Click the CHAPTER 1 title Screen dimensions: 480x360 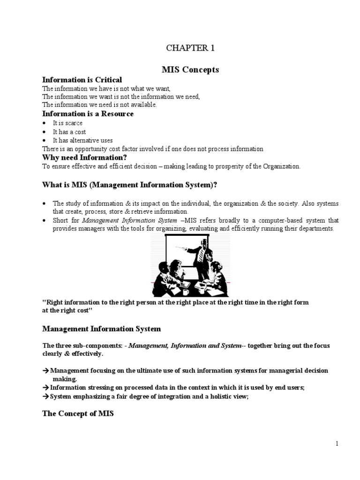tap(187, 48)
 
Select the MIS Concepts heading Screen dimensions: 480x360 tap(187, 70)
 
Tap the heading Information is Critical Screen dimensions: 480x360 tap(82, 80)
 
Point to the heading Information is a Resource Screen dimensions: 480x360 tap(88, 114)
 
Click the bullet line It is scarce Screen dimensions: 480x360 tap(67, 123)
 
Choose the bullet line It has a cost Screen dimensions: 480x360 tap(69, 132)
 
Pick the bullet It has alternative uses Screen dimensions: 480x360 tap(82, 140)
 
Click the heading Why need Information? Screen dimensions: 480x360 tap(85, 157)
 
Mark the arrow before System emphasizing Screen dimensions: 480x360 tap(45, 396)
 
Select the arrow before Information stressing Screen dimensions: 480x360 tap(45, 388)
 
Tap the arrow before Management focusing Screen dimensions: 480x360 tap(45, 370)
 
